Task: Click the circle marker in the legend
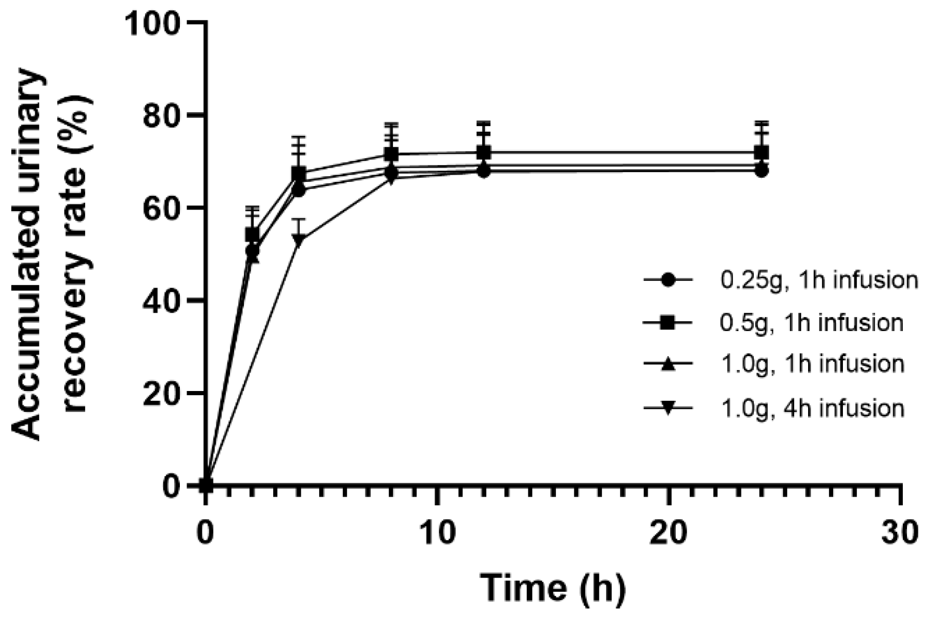point(667,280)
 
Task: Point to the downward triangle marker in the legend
point(667,408)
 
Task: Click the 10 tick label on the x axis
point(437,533)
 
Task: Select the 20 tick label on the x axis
point(669,533)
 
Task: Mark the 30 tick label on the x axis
point(900,533)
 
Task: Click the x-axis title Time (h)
point(552,588)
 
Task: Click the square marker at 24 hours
point(762,152)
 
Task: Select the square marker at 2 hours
point(252,235)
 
